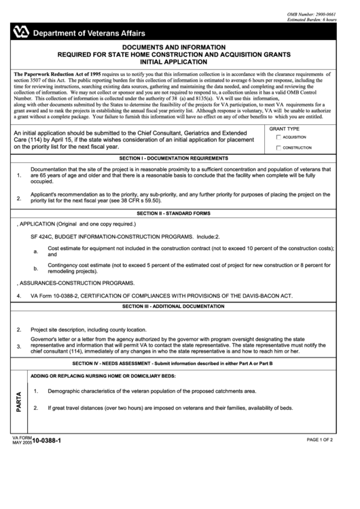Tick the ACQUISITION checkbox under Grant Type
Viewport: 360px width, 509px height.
(x=278, y=137)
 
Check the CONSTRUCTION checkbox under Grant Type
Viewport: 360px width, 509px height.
(x=278, y=147)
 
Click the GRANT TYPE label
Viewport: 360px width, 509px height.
(x=284, y=128)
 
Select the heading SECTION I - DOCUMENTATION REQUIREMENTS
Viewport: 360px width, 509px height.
(x=180, y=158)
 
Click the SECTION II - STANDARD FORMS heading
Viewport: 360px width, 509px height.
(x=180, y=213)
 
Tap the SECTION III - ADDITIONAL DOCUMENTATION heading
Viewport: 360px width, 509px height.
(x=180, y=306)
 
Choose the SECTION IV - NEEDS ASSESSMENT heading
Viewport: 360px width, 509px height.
(x=180, y=364)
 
